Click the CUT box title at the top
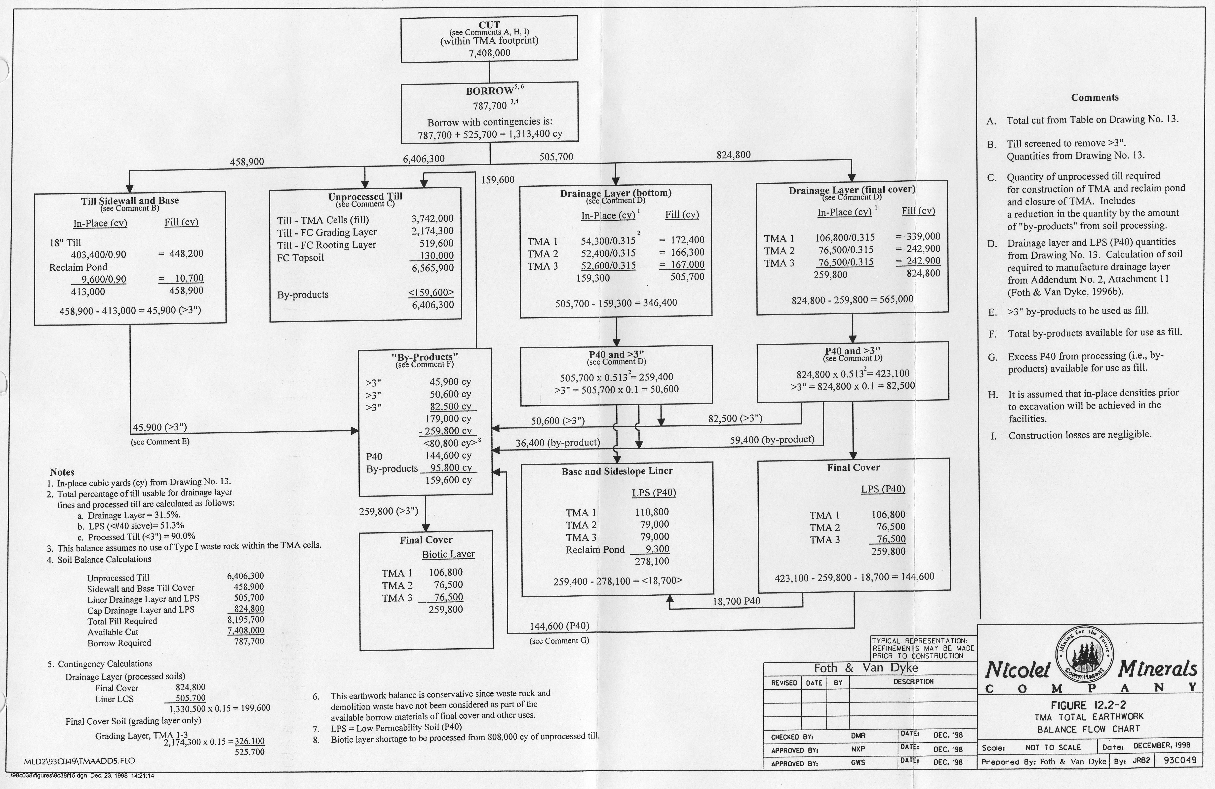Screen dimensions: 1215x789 pyautogui.click(x=489, y=25)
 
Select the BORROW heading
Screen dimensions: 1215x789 pyautogui.click(x=489, y=91)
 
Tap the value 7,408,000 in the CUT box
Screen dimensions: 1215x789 pyautogui.click(x=489, y=53)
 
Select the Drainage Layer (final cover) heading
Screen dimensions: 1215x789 pyautogui.click(x=852, y=189)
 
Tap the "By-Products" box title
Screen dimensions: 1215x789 pyautogui.click(x=425, y=356)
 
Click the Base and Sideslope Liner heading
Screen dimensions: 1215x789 pyautogui.click(x=617, y=471)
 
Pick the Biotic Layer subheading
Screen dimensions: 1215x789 pyautogui.click(x=448, y=554)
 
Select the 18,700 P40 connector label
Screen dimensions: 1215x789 pyautogui.click(x=736, y=601)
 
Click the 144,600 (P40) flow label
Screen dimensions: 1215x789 pyautogui.click(x=559, y=625)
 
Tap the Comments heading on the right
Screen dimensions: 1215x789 pyautogui.click(x=1095, y=97)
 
